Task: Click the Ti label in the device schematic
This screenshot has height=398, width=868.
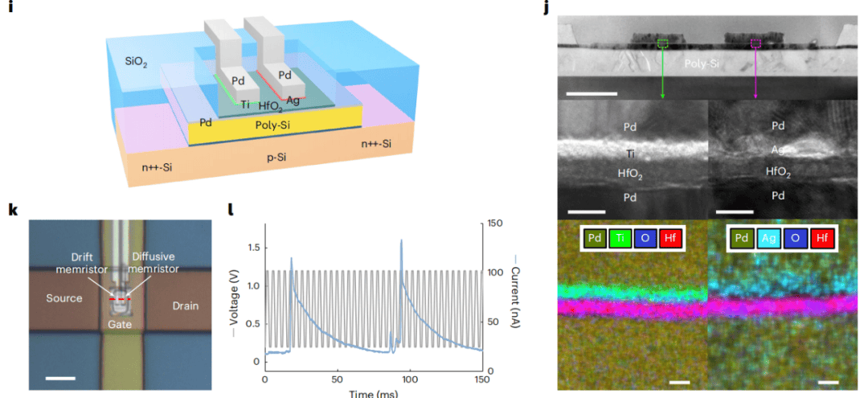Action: pos(246,105)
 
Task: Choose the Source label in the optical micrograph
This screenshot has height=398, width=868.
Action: pos(64,297)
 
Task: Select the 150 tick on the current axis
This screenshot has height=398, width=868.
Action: pos(495,224)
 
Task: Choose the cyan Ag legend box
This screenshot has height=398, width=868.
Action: pos(770,238)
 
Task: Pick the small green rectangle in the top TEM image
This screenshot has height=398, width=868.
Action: pos(662,44)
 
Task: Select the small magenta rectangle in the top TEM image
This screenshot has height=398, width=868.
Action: pos(755,44)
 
